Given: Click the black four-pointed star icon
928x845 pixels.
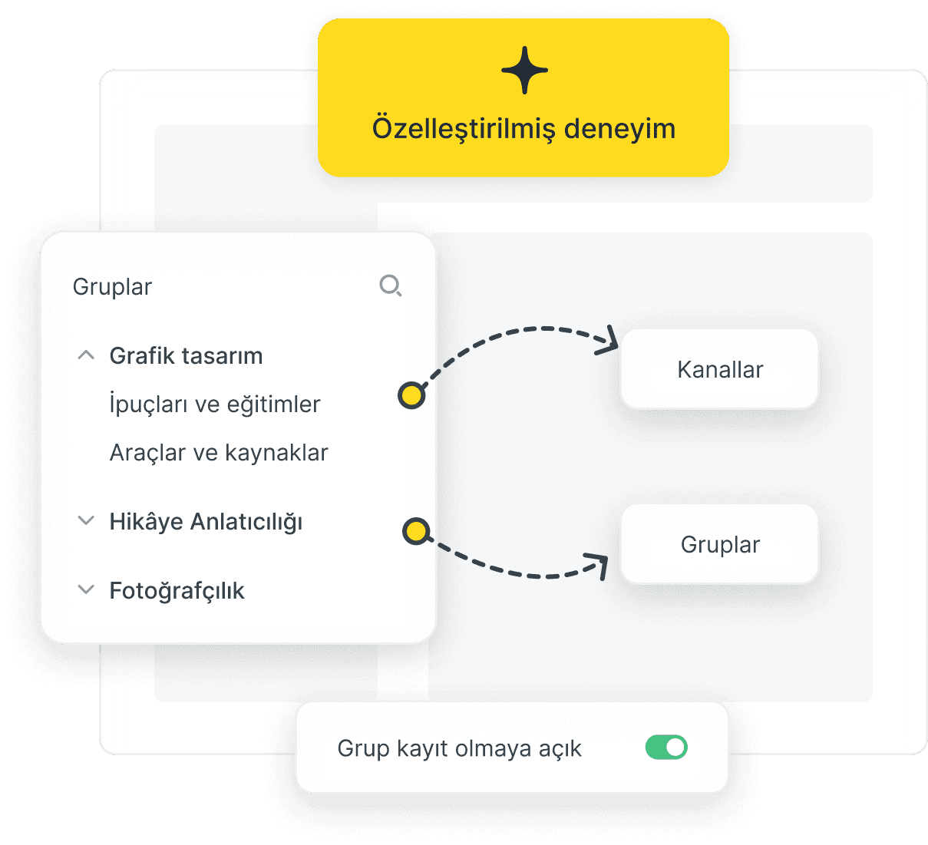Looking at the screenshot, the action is [524, 71].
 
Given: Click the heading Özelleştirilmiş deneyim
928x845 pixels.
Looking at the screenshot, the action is [523, 129].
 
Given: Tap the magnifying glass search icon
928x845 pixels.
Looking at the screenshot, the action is [391, 286].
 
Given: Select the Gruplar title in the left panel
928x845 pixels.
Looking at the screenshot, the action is [112, 287].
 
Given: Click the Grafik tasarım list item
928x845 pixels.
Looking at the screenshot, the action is [186, 356].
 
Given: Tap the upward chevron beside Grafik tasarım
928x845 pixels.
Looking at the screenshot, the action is [86, 355].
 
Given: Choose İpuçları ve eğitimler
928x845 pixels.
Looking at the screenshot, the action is [215, 403].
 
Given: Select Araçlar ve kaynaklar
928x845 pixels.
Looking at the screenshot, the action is [219, 452].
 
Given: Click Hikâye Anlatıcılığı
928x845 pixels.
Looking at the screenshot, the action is [206, 522].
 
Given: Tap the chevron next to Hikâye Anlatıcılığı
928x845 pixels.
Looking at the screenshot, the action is [86, 520].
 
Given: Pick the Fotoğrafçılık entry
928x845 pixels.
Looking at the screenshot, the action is [177, 590].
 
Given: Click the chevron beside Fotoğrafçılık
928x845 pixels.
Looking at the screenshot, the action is [86, 589].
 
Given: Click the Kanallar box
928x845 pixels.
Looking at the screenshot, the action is [719, 369].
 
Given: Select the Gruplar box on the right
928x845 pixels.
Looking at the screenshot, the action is [719, 544].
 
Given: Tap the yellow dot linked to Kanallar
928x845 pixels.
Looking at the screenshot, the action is [411, 396].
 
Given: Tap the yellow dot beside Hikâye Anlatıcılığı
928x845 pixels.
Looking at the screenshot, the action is [416, 531].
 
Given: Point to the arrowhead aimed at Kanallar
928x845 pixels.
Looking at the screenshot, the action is [609, 341].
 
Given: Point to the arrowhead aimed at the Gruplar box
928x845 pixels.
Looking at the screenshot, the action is [598, 565].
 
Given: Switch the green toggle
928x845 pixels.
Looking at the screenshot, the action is [666, 748].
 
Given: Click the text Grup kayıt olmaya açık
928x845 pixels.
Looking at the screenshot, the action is [459, 748].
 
